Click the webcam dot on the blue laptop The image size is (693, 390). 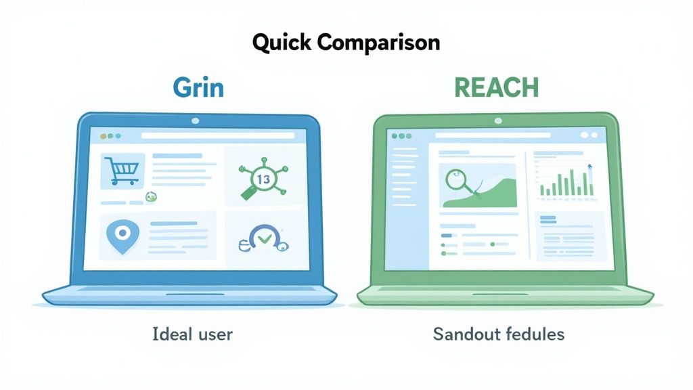pos(196,121)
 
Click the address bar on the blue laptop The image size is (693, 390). pos(217,136)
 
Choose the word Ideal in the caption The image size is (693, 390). pos(171,334)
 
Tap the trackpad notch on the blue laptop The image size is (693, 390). pos(190,294)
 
